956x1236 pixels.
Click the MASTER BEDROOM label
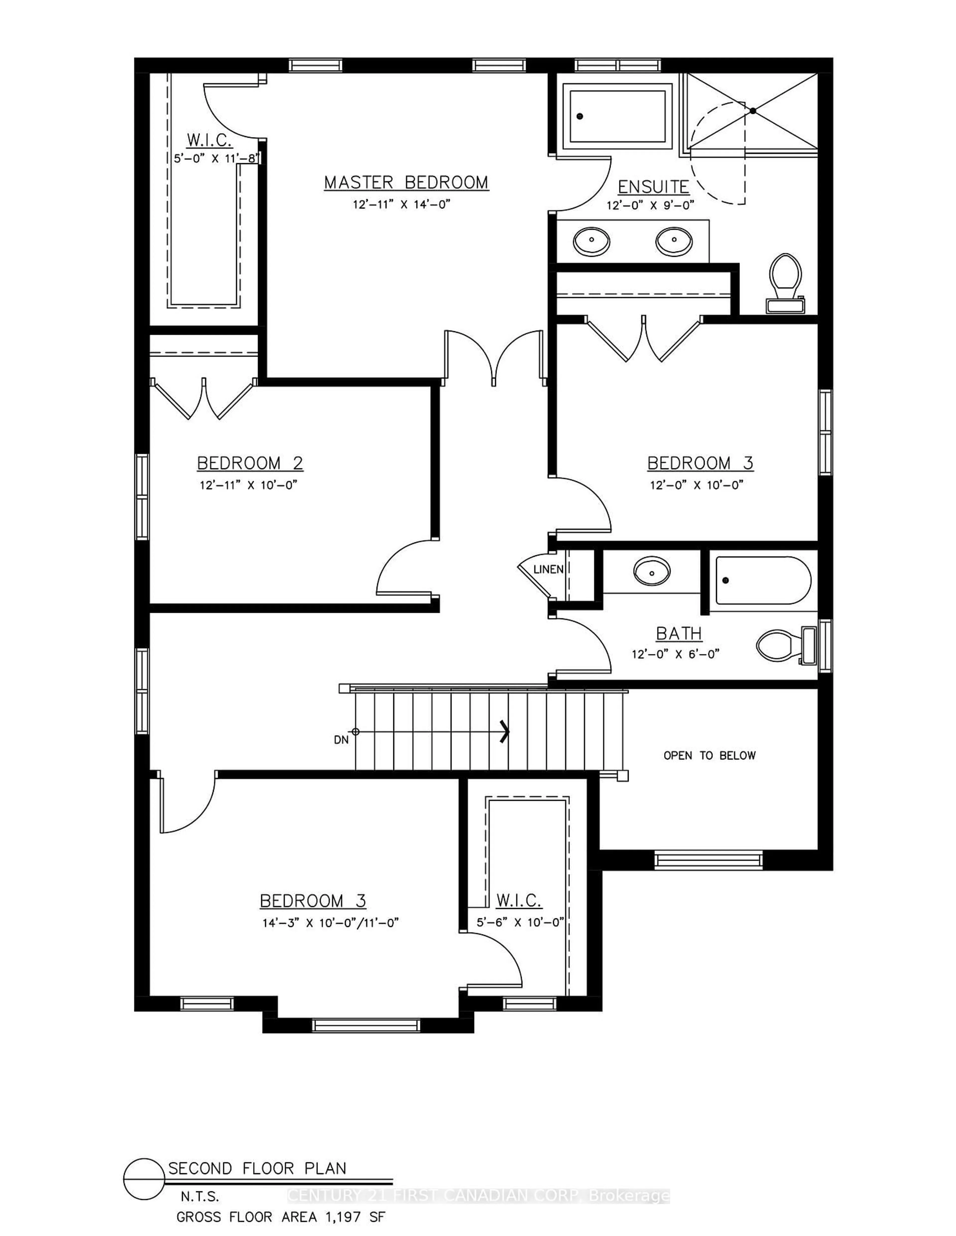406,183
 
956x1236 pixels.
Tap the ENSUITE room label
653,187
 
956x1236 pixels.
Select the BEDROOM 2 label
250,463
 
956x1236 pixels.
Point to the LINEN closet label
548,569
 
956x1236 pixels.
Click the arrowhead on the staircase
504,731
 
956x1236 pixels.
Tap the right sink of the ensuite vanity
674,241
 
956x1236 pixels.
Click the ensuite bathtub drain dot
579,117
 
